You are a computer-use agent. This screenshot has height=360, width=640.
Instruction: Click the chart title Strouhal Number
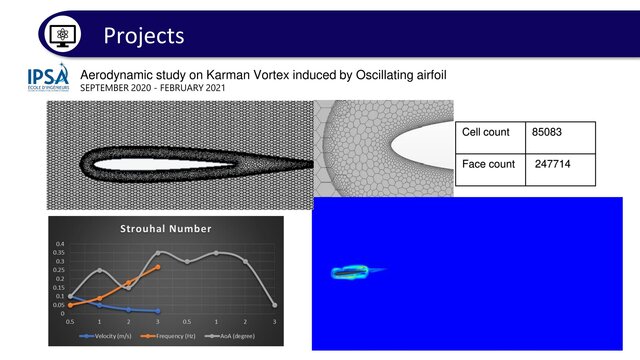click(x=165, y=228)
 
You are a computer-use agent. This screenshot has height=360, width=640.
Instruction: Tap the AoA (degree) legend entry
click(x=238, y=337)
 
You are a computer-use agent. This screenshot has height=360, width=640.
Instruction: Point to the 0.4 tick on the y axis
click(x=59, y=244)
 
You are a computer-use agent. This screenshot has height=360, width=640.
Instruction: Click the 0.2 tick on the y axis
click(x=59, y=279)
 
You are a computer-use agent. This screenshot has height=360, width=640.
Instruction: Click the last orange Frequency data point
click(x=158, y=267)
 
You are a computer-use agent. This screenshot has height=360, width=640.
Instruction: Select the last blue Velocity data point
click(x=158, y=311)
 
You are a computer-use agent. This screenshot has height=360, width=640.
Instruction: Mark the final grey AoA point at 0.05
click(x=274, y=305)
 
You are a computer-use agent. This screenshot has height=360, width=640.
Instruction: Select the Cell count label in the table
click(x=486, y=132)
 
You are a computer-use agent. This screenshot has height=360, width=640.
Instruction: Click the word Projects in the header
click(x=144, y=35)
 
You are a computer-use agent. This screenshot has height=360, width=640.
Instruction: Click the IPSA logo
click(x=48, y=80)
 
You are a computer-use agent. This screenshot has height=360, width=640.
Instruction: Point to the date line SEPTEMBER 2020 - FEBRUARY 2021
click(x=153, y=88)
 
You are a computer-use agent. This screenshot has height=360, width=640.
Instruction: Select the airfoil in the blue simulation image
click(x=351, y=271)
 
